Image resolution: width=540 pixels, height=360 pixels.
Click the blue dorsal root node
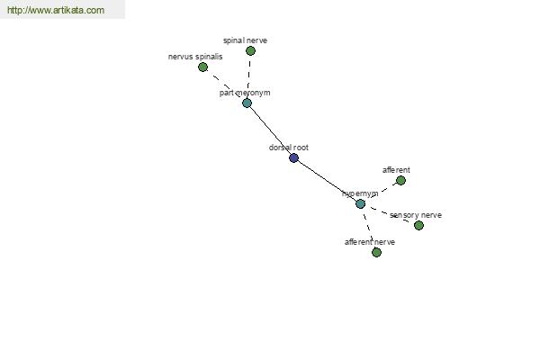click(x=293, y=158)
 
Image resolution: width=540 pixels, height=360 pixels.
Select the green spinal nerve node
click(x=250, y=51)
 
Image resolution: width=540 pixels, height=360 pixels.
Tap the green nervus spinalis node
click(x=202, y=67)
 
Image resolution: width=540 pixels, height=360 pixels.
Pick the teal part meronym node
click(x=247, y=103)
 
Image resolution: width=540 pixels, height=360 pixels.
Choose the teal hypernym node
click(x=360, y=204)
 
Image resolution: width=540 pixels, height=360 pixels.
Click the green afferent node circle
click(x=400, y=181)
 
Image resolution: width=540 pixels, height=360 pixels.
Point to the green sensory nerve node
click(x=418, y=226)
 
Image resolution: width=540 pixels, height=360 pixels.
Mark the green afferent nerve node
click(x=376, y=253)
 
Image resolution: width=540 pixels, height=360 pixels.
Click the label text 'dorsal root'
click(x=289, y=148)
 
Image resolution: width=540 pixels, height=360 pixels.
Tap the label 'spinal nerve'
click(x=245, y=40)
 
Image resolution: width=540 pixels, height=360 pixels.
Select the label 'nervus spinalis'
click(x=195, y=57)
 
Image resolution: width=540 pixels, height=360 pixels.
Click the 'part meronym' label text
click(x=245, y=93)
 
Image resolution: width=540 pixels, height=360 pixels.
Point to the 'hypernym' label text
click(x=360, y=193)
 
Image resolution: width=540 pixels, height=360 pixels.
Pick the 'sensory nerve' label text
click(x=416, y=215)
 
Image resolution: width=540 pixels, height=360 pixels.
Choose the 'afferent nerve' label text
click(x=370, y=242)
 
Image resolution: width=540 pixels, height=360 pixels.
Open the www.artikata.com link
click(x=56, y=10)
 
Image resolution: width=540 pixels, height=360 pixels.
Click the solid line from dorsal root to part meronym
click(x=270, y=130)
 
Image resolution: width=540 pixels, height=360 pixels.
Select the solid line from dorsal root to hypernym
click(x=327, y=181)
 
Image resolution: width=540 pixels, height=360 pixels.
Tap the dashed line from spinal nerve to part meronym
click(x=248, y=76)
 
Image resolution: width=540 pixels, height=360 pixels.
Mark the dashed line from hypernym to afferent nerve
click(x=368, y=228)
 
